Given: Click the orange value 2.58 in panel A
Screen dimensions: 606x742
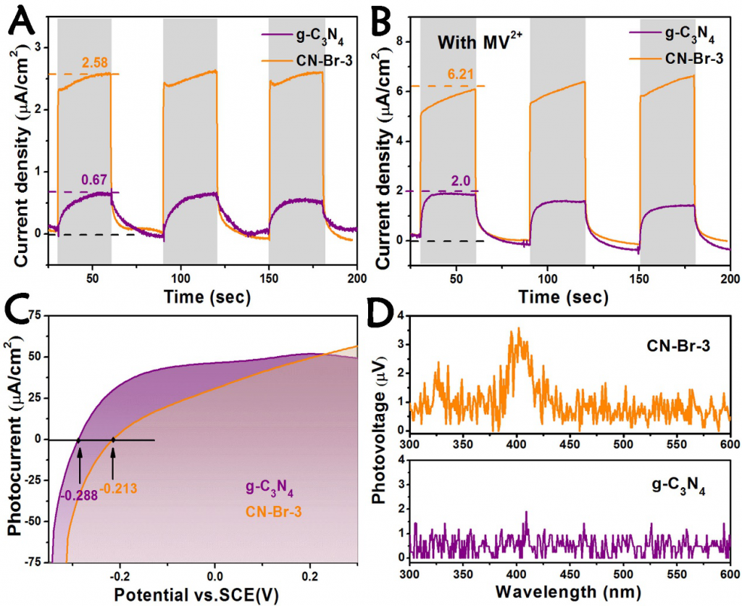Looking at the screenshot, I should [95, 64].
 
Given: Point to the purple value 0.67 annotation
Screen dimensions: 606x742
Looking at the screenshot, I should [94, 182].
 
